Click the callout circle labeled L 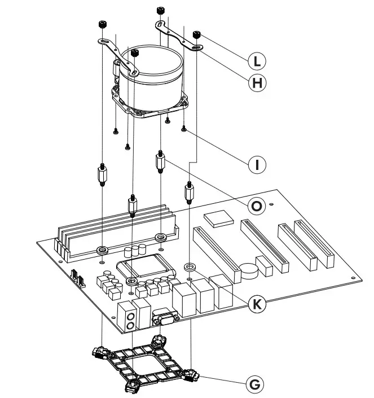(256, 60)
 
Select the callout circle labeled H (257, 83)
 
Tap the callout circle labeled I (257, 164)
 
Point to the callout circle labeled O (257, 207)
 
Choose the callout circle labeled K (257, 304)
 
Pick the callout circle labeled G (257, 384)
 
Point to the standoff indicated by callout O (161, 163)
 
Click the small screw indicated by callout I (184, 129)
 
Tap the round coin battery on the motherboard (248, 269)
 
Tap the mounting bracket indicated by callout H (179, 36)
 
